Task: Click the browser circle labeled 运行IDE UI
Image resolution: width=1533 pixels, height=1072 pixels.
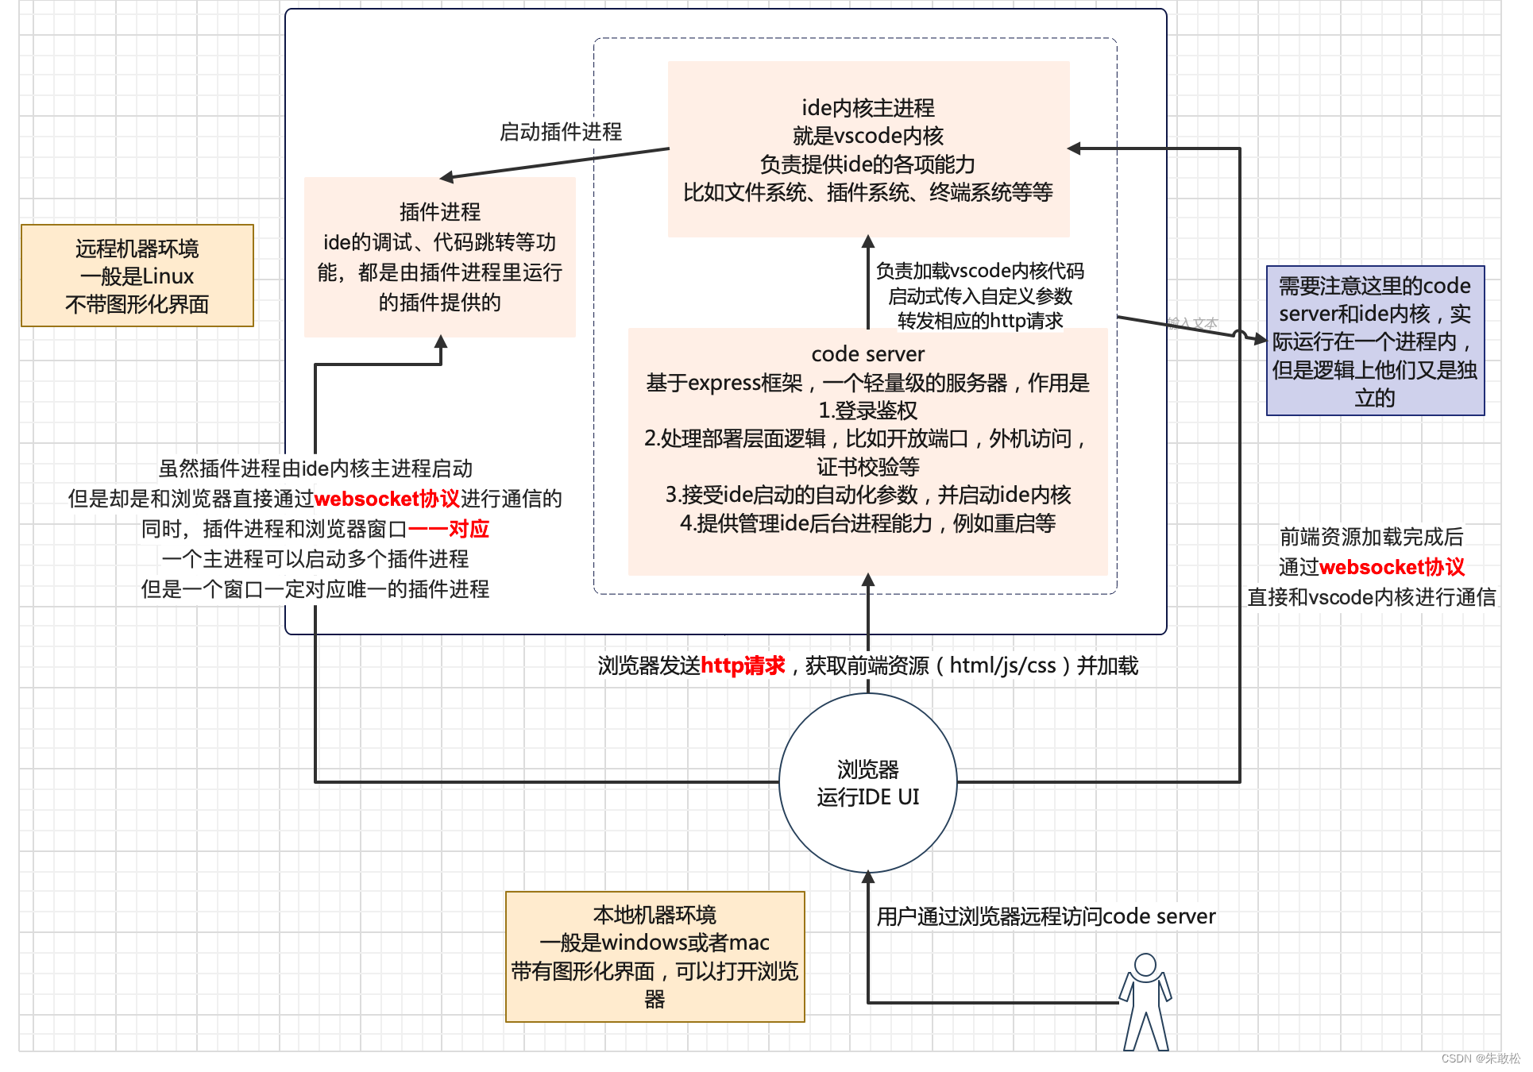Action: [867, 783]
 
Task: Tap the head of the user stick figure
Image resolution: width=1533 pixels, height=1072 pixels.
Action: [1145, 965]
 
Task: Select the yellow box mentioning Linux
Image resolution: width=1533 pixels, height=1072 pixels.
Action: [137, 276]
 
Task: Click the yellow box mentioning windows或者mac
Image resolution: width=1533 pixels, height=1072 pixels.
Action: [655, 956]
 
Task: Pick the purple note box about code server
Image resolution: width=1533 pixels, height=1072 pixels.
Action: [1374, 341]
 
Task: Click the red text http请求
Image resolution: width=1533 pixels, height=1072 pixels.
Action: [743, 665]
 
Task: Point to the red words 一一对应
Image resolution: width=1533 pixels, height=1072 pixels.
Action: [449, 529]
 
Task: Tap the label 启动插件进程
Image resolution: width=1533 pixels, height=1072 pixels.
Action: [560, 132]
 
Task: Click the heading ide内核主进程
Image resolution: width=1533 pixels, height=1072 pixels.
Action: [867, 108]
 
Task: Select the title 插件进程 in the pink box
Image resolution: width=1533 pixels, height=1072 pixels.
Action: [439, 212]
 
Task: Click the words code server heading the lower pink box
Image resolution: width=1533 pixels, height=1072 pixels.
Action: [867, 354]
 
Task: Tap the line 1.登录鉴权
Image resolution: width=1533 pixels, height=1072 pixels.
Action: [867, 411]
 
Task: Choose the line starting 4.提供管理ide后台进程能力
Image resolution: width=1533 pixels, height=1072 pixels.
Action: [867, 523]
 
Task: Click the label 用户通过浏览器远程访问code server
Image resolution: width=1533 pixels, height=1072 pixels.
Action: [1045, 916]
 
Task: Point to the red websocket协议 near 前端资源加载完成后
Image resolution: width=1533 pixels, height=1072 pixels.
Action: [1392, 567]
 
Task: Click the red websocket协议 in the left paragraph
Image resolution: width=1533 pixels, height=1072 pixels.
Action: [387, 499]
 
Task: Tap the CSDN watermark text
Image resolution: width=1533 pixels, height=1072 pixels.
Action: [1480, 1059]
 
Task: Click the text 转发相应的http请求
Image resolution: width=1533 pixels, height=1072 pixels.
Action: [979, 321]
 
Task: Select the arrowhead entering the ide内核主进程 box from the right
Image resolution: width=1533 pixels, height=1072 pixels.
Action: [1075, 148]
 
